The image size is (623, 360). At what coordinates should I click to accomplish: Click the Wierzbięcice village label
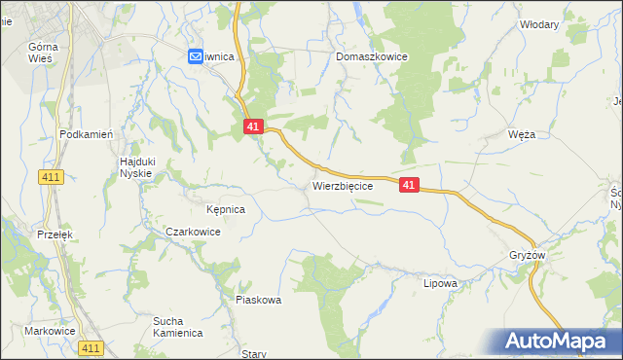tap(343, 185)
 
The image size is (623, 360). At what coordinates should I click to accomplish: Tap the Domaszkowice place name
tap(371, 57)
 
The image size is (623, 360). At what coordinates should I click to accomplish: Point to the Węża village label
tap(522, 135)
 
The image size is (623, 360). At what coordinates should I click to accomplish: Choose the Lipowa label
tap(440, 284)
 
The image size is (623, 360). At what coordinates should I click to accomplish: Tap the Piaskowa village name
tap(258, 301)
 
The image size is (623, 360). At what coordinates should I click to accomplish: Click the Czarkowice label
tap(193, 233)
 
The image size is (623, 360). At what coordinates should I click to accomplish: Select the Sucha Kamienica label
tap(177, 327)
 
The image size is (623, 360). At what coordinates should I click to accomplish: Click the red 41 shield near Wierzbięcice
tap(408, 184)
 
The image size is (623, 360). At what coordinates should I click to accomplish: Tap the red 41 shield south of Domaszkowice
tap(253, 126)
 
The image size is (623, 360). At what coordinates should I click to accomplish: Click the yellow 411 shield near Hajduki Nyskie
tap(53, 176)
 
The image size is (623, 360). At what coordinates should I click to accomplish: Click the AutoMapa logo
tap(558, 341)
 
